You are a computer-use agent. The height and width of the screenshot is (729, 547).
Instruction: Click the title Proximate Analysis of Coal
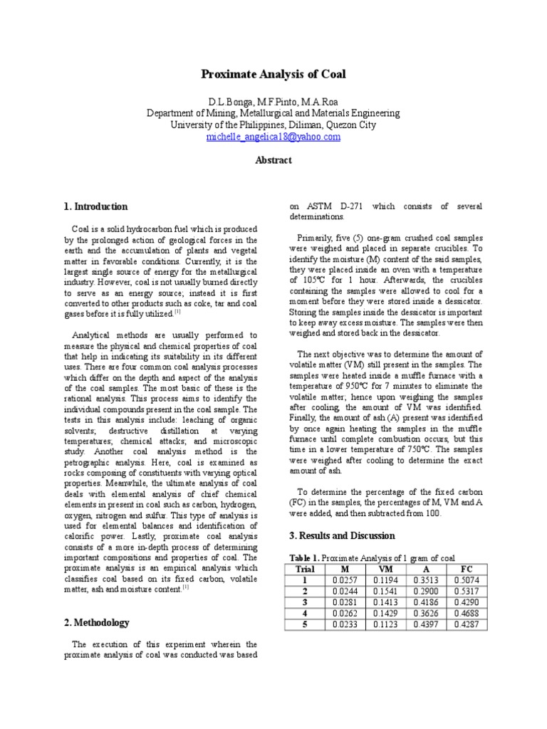[x=273, y=75]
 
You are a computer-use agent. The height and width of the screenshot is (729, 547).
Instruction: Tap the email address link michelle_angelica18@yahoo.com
[x=273, y=137]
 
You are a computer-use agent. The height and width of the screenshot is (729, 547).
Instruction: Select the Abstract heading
[x=273, y=160]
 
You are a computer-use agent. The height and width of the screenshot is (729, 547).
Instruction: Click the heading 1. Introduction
[x=96, y=207]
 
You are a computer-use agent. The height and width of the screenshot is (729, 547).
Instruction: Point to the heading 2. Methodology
[x=97, y=622]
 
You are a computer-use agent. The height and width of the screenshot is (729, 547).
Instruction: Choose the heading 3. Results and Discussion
[x=341, y=535]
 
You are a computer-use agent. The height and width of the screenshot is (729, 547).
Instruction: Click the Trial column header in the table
[x=304, y=569]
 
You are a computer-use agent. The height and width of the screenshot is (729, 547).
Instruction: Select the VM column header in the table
[x=385, y=569]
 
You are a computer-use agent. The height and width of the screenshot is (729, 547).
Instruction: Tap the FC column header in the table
[x=467, y=569]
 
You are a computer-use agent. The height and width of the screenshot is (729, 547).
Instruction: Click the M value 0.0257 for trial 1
[x=345, y=580]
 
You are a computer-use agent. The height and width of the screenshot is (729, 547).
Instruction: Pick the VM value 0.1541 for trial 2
[x=385, y=592]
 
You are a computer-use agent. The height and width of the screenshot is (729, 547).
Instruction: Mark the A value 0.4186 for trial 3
[x=426, y=602]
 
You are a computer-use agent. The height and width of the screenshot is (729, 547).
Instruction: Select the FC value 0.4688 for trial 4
[x=467, y=614]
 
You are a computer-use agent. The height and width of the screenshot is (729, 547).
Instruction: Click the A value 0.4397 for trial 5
[x=426, y=624]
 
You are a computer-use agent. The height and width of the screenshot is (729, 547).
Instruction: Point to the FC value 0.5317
[x=467, y=592]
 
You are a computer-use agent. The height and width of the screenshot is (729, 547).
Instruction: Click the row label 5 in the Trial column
[x=304, y=624]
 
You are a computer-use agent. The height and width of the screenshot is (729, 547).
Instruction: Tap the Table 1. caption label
[x=304, y=557]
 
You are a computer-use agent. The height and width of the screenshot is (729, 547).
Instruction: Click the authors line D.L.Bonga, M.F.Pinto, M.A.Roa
[x=273, y=102]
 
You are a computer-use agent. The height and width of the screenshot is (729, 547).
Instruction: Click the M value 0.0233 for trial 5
[x=345, y=624]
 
